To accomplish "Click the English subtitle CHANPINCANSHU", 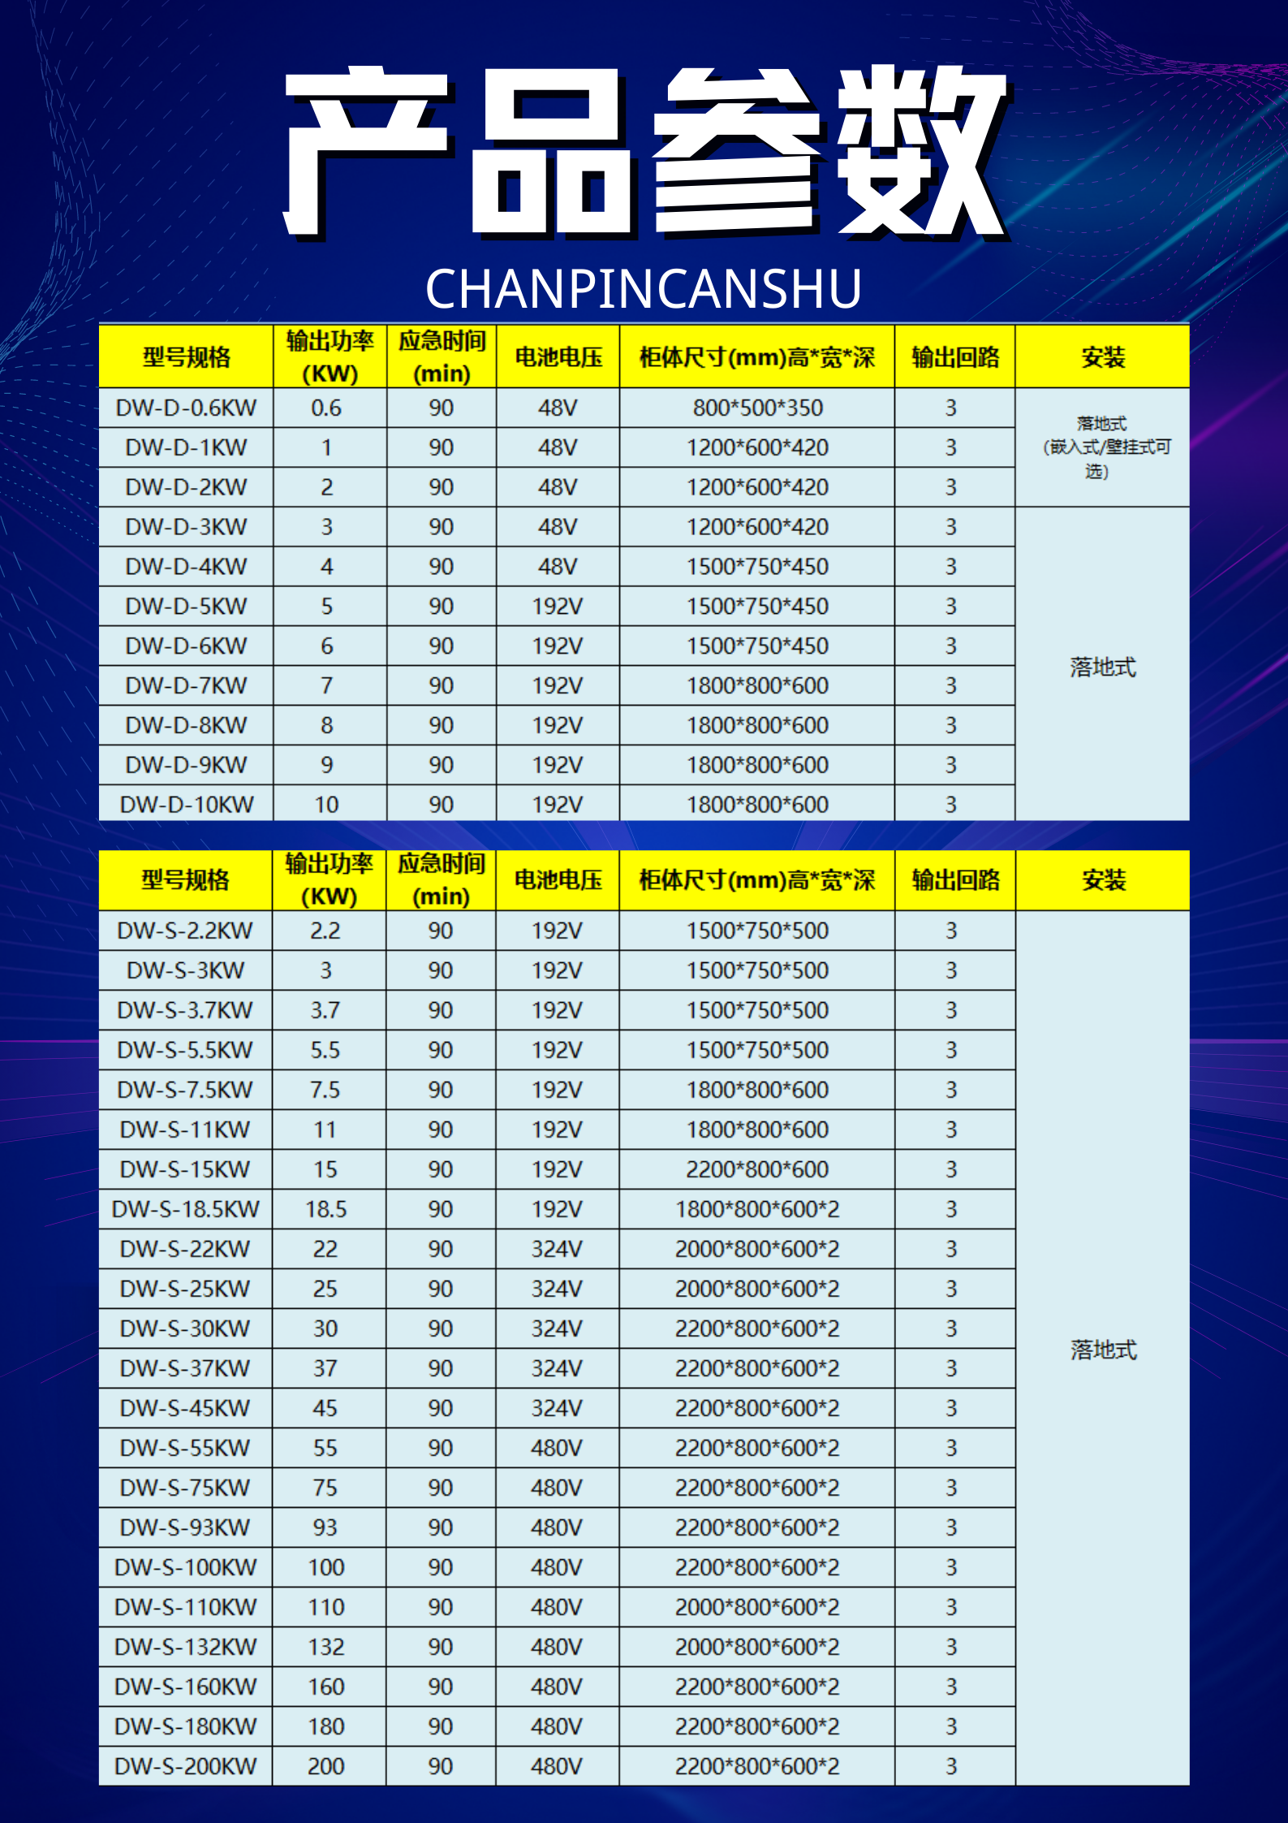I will pyautogui.click(x=643, y=289).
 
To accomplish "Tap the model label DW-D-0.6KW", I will pyautogui.click(x=186, y=408).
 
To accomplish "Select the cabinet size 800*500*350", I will pyautogui.click(x=757, y=408).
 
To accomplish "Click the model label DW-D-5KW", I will pyautogui.click(x=186, y=607).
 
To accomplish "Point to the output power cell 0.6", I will pyautogui.click(x=326, y=408).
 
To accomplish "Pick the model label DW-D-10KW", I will pyautogui.click(x=186, y=805).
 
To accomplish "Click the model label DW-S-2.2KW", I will pyautogui.click(x=185, y=931).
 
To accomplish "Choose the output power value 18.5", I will pyautogui.click(x=325, y=1209).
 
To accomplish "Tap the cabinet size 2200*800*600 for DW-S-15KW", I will pyautogui.click(x=757, y=1169).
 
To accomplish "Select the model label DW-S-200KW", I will pyautogui.click(x=185, y=1766).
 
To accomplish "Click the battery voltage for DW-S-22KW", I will pyautogui.click(x=557, y=1249).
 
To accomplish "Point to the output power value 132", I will pyautogui.click(x=325, y=1647).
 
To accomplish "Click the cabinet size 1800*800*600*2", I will pyautogui.click(x=757, y=1209).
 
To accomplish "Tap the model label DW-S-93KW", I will pyautogui.click(x=185, y=1527).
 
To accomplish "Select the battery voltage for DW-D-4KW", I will pyautogui.click(x=557, y=567).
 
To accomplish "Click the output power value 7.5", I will pyautogui.click(x=325, y=1090).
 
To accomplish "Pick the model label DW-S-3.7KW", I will pyautogui.click(x=185, y=1010).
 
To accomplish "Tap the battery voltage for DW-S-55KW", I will pyautogui.click(x=557, y=1448).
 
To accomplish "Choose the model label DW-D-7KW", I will pyautogui.click(x=186, y=686).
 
